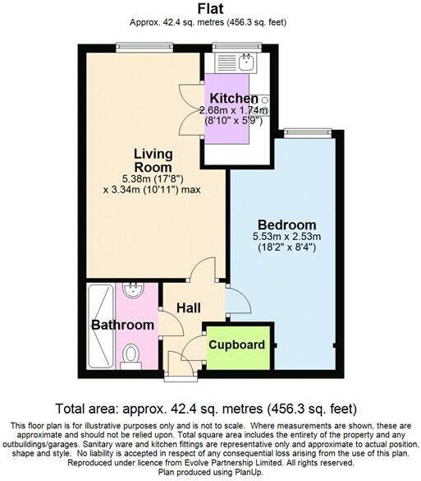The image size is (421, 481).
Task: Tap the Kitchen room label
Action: [227, 98]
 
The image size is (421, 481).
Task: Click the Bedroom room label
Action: [286, 224]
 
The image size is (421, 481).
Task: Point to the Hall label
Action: [188, 308]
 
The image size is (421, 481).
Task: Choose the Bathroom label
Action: [122, 326]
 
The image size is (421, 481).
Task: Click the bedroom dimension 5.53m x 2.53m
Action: [287, 238]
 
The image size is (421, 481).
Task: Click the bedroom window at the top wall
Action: [308, 132]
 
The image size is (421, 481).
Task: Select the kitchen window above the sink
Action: [236, 45]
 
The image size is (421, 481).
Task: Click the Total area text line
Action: [210, 408]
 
